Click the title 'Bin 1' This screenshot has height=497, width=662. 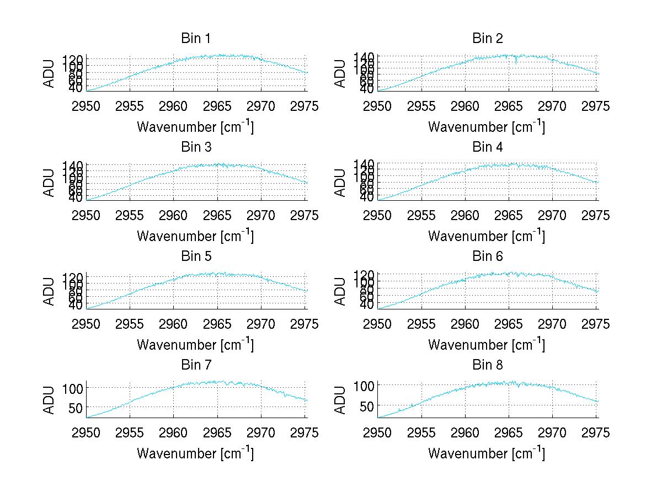pyautogui.click(x=195, y=39)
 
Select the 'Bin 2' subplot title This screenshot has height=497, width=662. pyautogui.click(x=487, y=39)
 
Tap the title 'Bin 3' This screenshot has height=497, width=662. pyautogui.click(x=195, y=147)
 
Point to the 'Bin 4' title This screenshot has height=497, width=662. pyautogui.click(x=487, y=147)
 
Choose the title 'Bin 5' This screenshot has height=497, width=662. pyautogui.click(x=195, y=256)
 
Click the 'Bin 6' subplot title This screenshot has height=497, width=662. pyautogui.click(x=487, y=256)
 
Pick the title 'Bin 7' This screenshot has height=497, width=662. pyautogui.click(x=195, y=365)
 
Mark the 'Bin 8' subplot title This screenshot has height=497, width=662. pyautogui.click(x=487, y=365)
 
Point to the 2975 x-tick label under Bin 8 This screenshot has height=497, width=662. pyautogui.click(x=596, y=433)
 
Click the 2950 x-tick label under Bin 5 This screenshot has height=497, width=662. pyautogui.click(x=87, y=324)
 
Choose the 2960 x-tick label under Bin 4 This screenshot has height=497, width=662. pyautogui.click(x=465, y=215)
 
